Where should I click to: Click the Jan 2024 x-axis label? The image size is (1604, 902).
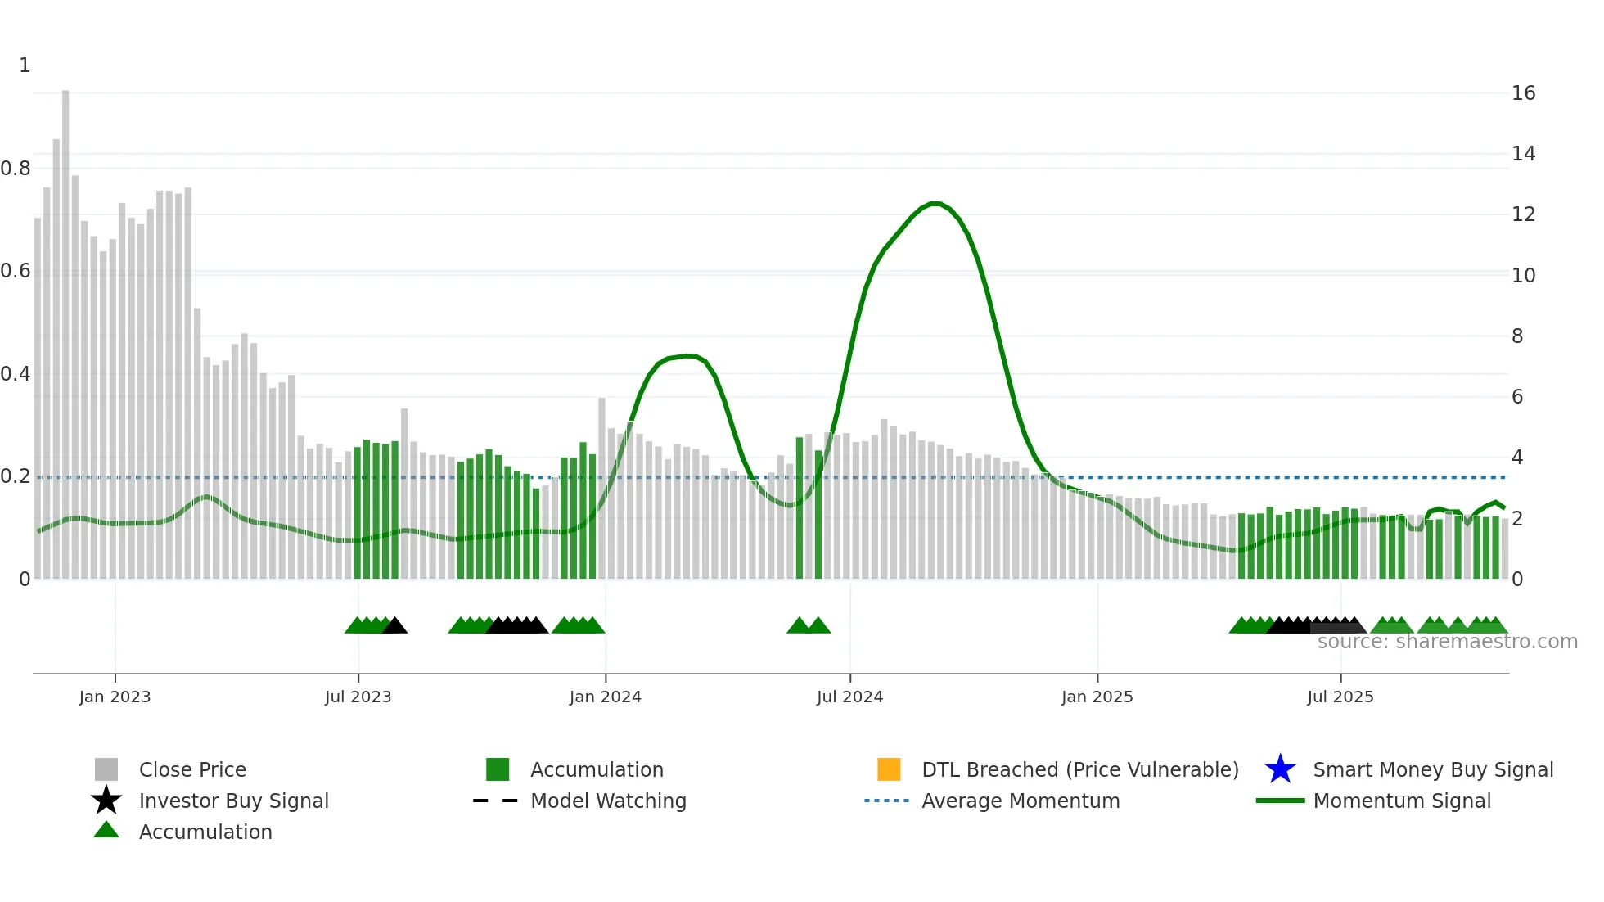coord(605,697)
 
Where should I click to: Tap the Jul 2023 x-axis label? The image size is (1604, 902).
coord(358,697)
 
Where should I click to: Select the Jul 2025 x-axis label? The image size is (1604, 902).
coord(1340,697)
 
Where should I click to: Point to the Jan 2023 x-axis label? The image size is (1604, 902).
coord(115,697)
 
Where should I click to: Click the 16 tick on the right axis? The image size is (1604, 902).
coord(1523,93)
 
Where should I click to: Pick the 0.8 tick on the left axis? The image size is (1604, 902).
coord(16,169)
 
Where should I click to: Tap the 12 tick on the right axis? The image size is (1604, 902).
coord(1523,214)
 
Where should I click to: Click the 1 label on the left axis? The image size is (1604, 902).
coord(25,65)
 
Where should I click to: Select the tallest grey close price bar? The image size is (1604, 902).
coord(65,327)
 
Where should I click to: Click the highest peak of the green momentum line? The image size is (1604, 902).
coord(935,203)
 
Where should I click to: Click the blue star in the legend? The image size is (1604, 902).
coord(1280,769)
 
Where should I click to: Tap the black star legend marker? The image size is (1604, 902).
coord(106,801)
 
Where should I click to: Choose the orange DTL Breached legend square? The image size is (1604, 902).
coord(889,769)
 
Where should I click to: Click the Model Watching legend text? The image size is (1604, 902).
coord(608,801)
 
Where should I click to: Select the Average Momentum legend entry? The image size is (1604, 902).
coord(1020,801)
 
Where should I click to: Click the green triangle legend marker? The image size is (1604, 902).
coord(106,830)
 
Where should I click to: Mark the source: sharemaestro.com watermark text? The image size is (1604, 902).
coord(1447,642)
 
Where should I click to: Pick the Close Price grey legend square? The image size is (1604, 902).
coord(106,769)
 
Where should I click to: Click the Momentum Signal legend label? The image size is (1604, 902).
coord(1401,801)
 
